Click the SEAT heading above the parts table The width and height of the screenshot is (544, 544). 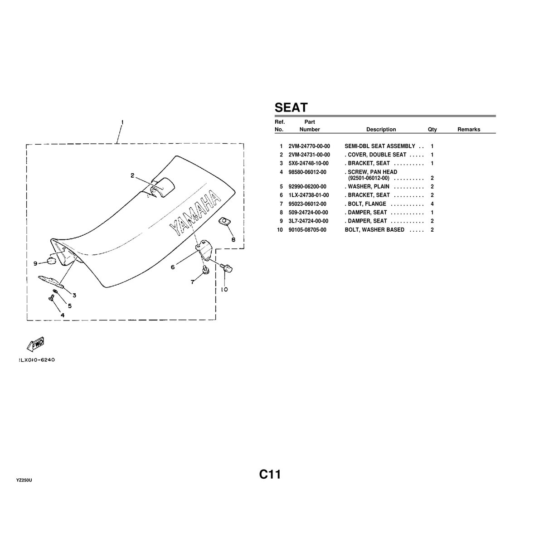(291, 108)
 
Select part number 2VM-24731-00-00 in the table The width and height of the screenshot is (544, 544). (309, 155)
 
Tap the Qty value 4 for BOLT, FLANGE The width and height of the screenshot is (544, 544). (432, 204)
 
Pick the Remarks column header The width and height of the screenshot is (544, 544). (468, 130)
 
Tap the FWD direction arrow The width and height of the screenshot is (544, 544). (36, 344)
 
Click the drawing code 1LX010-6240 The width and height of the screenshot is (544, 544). (37, 360)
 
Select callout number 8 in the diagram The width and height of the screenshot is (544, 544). (233, 239)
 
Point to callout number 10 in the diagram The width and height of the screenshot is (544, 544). (224, 289)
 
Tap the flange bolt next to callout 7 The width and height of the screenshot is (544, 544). (205, 270)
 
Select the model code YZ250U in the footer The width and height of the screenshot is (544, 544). (24, 480)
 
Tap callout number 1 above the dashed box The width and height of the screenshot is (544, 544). (122, 122)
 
